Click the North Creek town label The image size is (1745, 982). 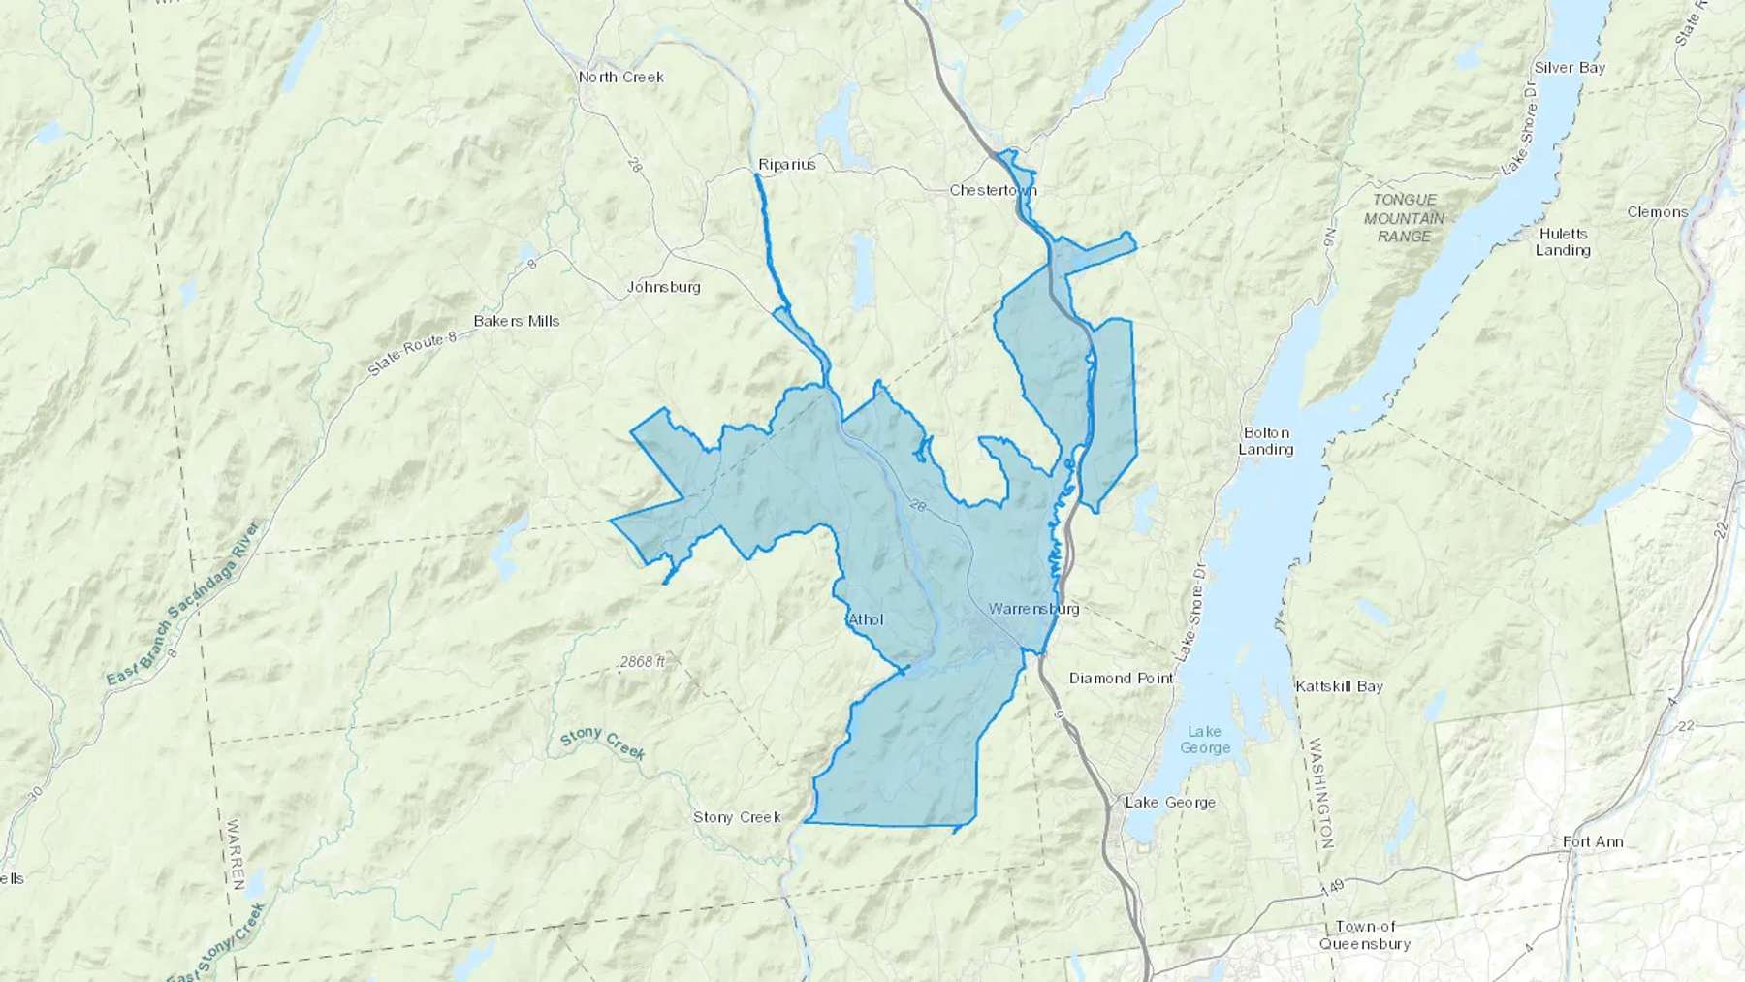point(620,77)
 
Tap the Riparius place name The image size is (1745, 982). point(786,164)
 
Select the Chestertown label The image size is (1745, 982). point(993,190)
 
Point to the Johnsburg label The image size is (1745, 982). point(663,287)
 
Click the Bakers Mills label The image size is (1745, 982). point(517,321)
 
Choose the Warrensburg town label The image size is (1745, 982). point(1033,610)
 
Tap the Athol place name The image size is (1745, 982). point(866,618)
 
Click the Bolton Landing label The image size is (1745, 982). point(1266,441)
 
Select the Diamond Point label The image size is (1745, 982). point(1121,678)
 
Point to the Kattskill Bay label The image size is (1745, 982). point(1339,686)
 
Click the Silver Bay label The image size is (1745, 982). point(1570,68)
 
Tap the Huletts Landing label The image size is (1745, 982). point(1563,241)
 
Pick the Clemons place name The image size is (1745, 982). point(1657,211)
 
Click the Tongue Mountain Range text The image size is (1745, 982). point(1404,217)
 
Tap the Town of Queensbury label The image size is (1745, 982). point(1364,935)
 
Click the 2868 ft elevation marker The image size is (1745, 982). point(643,662)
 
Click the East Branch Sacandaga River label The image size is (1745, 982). point(183,606)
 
